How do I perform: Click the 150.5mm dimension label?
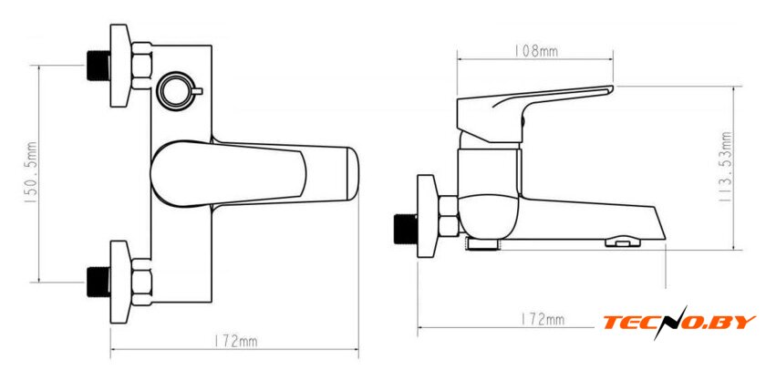click(x=32, y=173)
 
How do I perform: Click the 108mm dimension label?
click(x=535, y=51)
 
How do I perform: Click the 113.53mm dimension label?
click(x=727, y=164)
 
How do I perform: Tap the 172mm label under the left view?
click(x=236, y=342)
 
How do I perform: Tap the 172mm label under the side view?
click(x=543, y=320)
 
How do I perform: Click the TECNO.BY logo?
click(x=679, y=323)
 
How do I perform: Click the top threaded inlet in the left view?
click(x=98, y=67)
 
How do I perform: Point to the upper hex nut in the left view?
click(x=141, y=67)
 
